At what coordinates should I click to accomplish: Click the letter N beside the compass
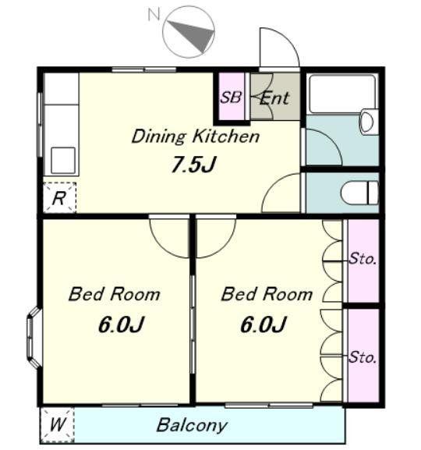(154, 14)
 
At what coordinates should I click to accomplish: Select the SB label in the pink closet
(231, 97)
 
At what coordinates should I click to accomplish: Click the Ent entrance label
(274, 98)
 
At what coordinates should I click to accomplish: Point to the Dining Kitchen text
(196, 136)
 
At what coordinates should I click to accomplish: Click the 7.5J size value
(193, 164)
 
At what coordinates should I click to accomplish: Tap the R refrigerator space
(59, 198)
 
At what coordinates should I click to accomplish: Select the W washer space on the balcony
(57, 425)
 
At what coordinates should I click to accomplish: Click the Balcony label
(192, 425)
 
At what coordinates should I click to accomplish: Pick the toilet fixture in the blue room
(359, 193)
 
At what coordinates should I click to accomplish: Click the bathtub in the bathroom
(343, 94)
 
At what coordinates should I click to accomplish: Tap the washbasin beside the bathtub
(368, 122)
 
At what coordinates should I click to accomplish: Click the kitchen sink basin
(63, 161)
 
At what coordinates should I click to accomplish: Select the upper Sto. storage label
(363, 259)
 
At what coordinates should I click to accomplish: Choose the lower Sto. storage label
(363, 358)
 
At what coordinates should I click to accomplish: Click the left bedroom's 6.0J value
(121, 324)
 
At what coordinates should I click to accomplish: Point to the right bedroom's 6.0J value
(264, 324)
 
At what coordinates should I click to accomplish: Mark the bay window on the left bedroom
(34, 338)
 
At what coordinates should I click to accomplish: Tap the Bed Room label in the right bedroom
(267, 295)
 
